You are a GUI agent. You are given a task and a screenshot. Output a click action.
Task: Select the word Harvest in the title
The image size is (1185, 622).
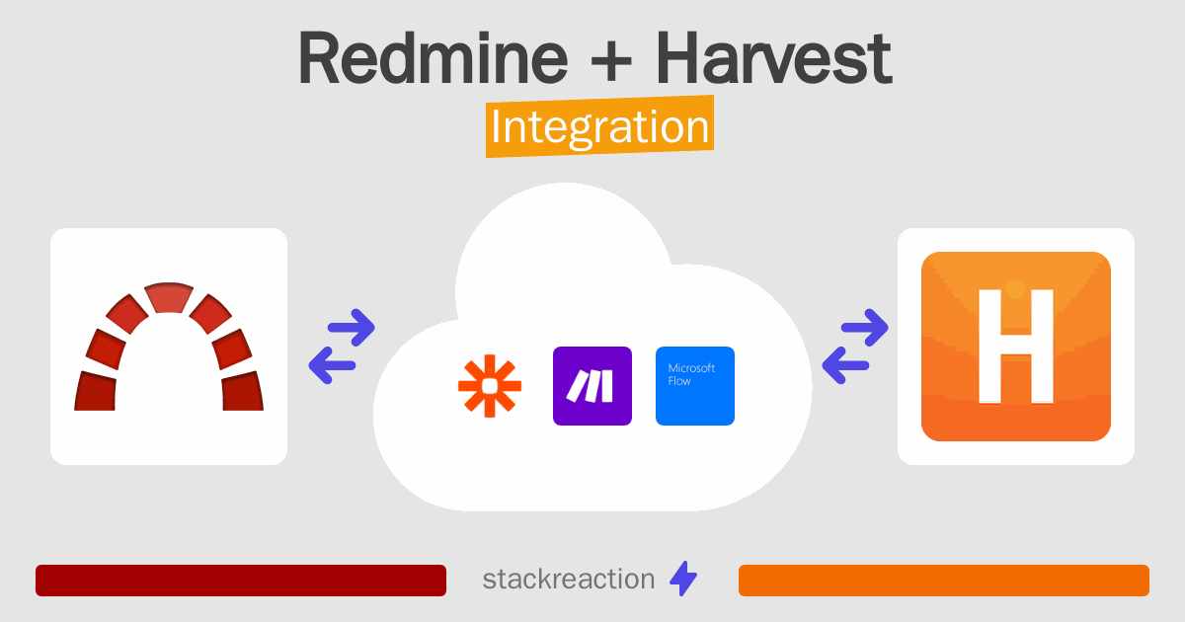click(x=774, y=59)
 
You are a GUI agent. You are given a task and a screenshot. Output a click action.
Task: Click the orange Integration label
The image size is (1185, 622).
click(x=599, y=128)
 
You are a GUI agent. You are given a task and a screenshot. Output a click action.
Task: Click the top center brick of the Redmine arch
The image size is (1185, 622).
click(x=169, y=299)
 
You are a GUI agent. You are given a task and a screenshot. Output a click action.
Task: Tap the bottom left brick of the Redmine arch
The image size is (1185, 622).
click(x=96, y=390)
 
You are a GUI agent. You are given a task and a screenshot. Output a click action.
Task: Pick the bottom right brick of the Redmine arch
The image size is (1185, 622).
click(x=242, y=390)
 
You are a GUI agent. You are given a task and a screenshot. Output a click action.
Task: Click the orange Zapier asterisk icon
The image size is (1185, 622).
click(x=489, y=386)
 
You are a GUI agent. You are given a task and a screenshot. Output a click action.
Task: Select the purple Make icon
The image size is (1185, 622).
click(x=592, y=386)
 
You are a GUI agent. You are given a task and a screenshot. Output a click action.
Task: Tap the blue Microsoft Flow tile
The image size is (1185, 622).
click(x=695, y=386)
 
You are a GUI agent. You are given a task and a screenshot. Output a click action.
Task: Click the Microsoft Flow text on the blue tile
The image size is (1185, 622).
click(x=691, y=374)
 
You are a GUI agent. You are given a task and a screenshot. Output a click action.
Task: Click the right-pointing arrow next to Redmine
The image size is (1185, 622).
click(x=351, y=327)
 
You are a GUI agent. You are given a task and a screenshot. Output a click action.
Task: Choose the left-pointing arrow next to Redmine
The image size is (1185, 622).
click(x=333, y=365)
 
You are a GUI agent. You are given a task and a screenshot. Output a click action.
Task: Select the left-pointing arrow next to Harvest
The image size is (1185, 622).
click(x=846, y=365)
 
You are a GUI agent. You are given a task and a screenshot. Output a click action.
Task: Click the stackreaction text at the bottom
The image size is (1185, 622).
click(x=568, y=580)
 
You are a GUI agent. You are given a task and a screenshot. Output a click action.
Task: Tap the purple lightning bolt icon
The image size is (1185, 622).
click(x=683, y=580)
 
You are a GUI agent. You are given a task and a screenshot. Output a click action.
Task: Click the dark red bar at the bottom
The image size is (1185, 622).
click(x=241, y=581)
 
